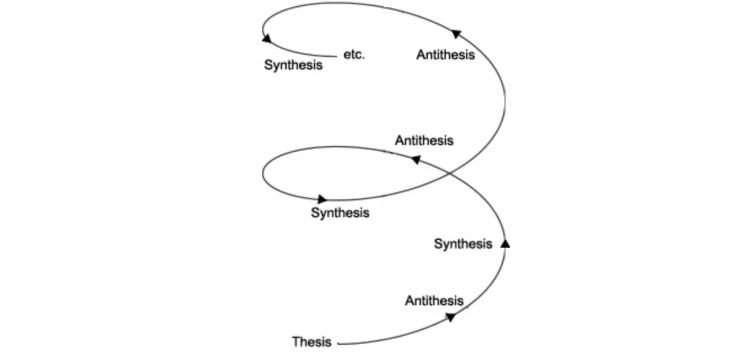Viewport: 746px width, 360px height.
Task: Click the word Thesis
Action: click(311, 342)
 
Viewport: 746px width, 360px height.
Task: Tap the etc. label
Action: click(354, 55)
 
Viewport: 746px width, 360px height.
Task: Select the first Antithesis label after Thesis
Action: click(434, 301)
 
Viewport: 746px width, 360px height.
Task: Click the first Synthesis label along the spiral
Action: click(463, 244)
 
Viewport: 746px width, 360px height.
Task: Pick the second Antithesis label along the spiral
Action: click(424, 141)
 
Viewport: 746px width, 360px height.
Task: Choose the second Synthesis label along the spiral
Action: click(340, 213)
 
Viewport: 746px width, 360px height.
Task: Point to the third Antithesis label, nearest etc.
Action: click(445, 55)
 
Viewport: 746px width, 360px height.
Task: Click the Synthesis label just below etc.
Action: click(293, 65)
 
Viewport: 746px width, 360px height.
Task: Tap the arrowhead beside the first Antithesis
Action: click(450, 317)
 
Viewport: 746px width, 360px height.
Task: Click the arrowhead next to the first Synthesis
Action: click(505, 244)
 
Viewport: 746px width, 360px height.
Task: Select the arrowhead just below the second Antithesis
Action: click(415, 160)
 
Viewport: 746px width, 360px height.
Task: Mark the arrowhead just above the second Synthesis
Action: click(322, 199)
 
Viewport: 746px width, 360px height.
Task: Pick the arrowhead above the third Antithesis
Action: click(457, 34)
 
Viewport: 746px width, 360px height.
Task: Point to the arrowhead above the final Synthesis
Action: click(266, 39)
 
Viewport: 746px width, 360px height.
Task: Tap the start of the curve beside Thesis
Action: click(338, 343)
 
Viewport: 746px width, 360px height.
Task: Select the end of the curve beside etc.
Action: click(337, 56)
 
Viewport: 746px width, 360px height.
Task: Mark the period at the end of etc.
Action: click(364, 58)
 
